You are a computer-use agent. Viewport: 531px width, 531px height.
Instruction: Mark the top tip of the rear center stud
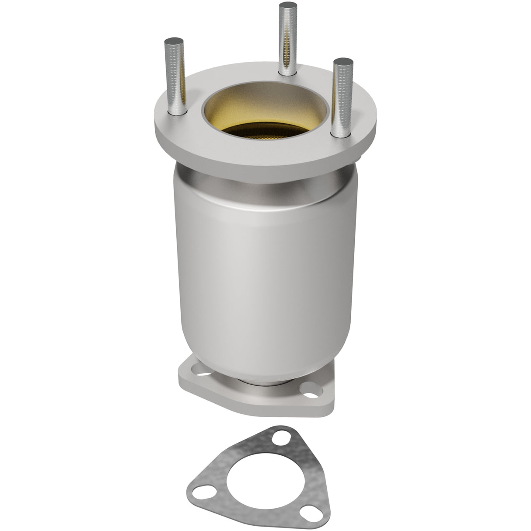(x=287, y=5)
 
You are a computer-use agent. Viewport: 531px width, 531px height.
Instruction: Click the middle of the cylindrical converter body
(x=262, y=276)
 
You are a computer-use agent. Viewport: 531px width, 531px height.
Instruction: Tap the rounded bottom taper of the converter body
(x=262, y=367)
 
